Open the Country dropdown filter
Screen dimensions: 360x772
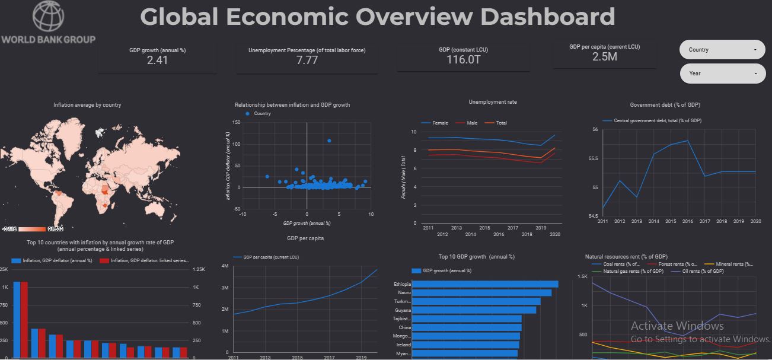tap(722, 50)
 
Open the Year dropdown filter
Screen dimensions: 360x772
tap(722, 74)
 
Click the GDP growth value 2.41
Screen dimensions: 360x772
tap(157, 60)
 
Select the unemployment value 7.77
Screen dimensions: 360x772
tap(307, 60)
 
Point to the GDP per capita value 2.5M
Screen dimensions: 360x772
tap(604, 56)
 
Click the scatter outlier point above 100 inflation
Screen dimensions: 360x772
tap(329, 141)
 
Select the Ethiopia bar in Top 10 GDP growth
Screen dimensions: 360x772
tap(485, 284)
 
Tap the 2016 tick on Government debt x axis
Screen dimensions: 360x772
tap(687, 221)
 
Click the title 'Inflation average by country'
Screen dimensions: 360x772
tap(87, 105)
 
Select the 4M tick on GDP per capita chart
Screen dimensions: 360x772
tap(225, 266)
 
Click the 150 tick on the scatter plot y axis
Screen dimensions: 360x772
tap(236, 123)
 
